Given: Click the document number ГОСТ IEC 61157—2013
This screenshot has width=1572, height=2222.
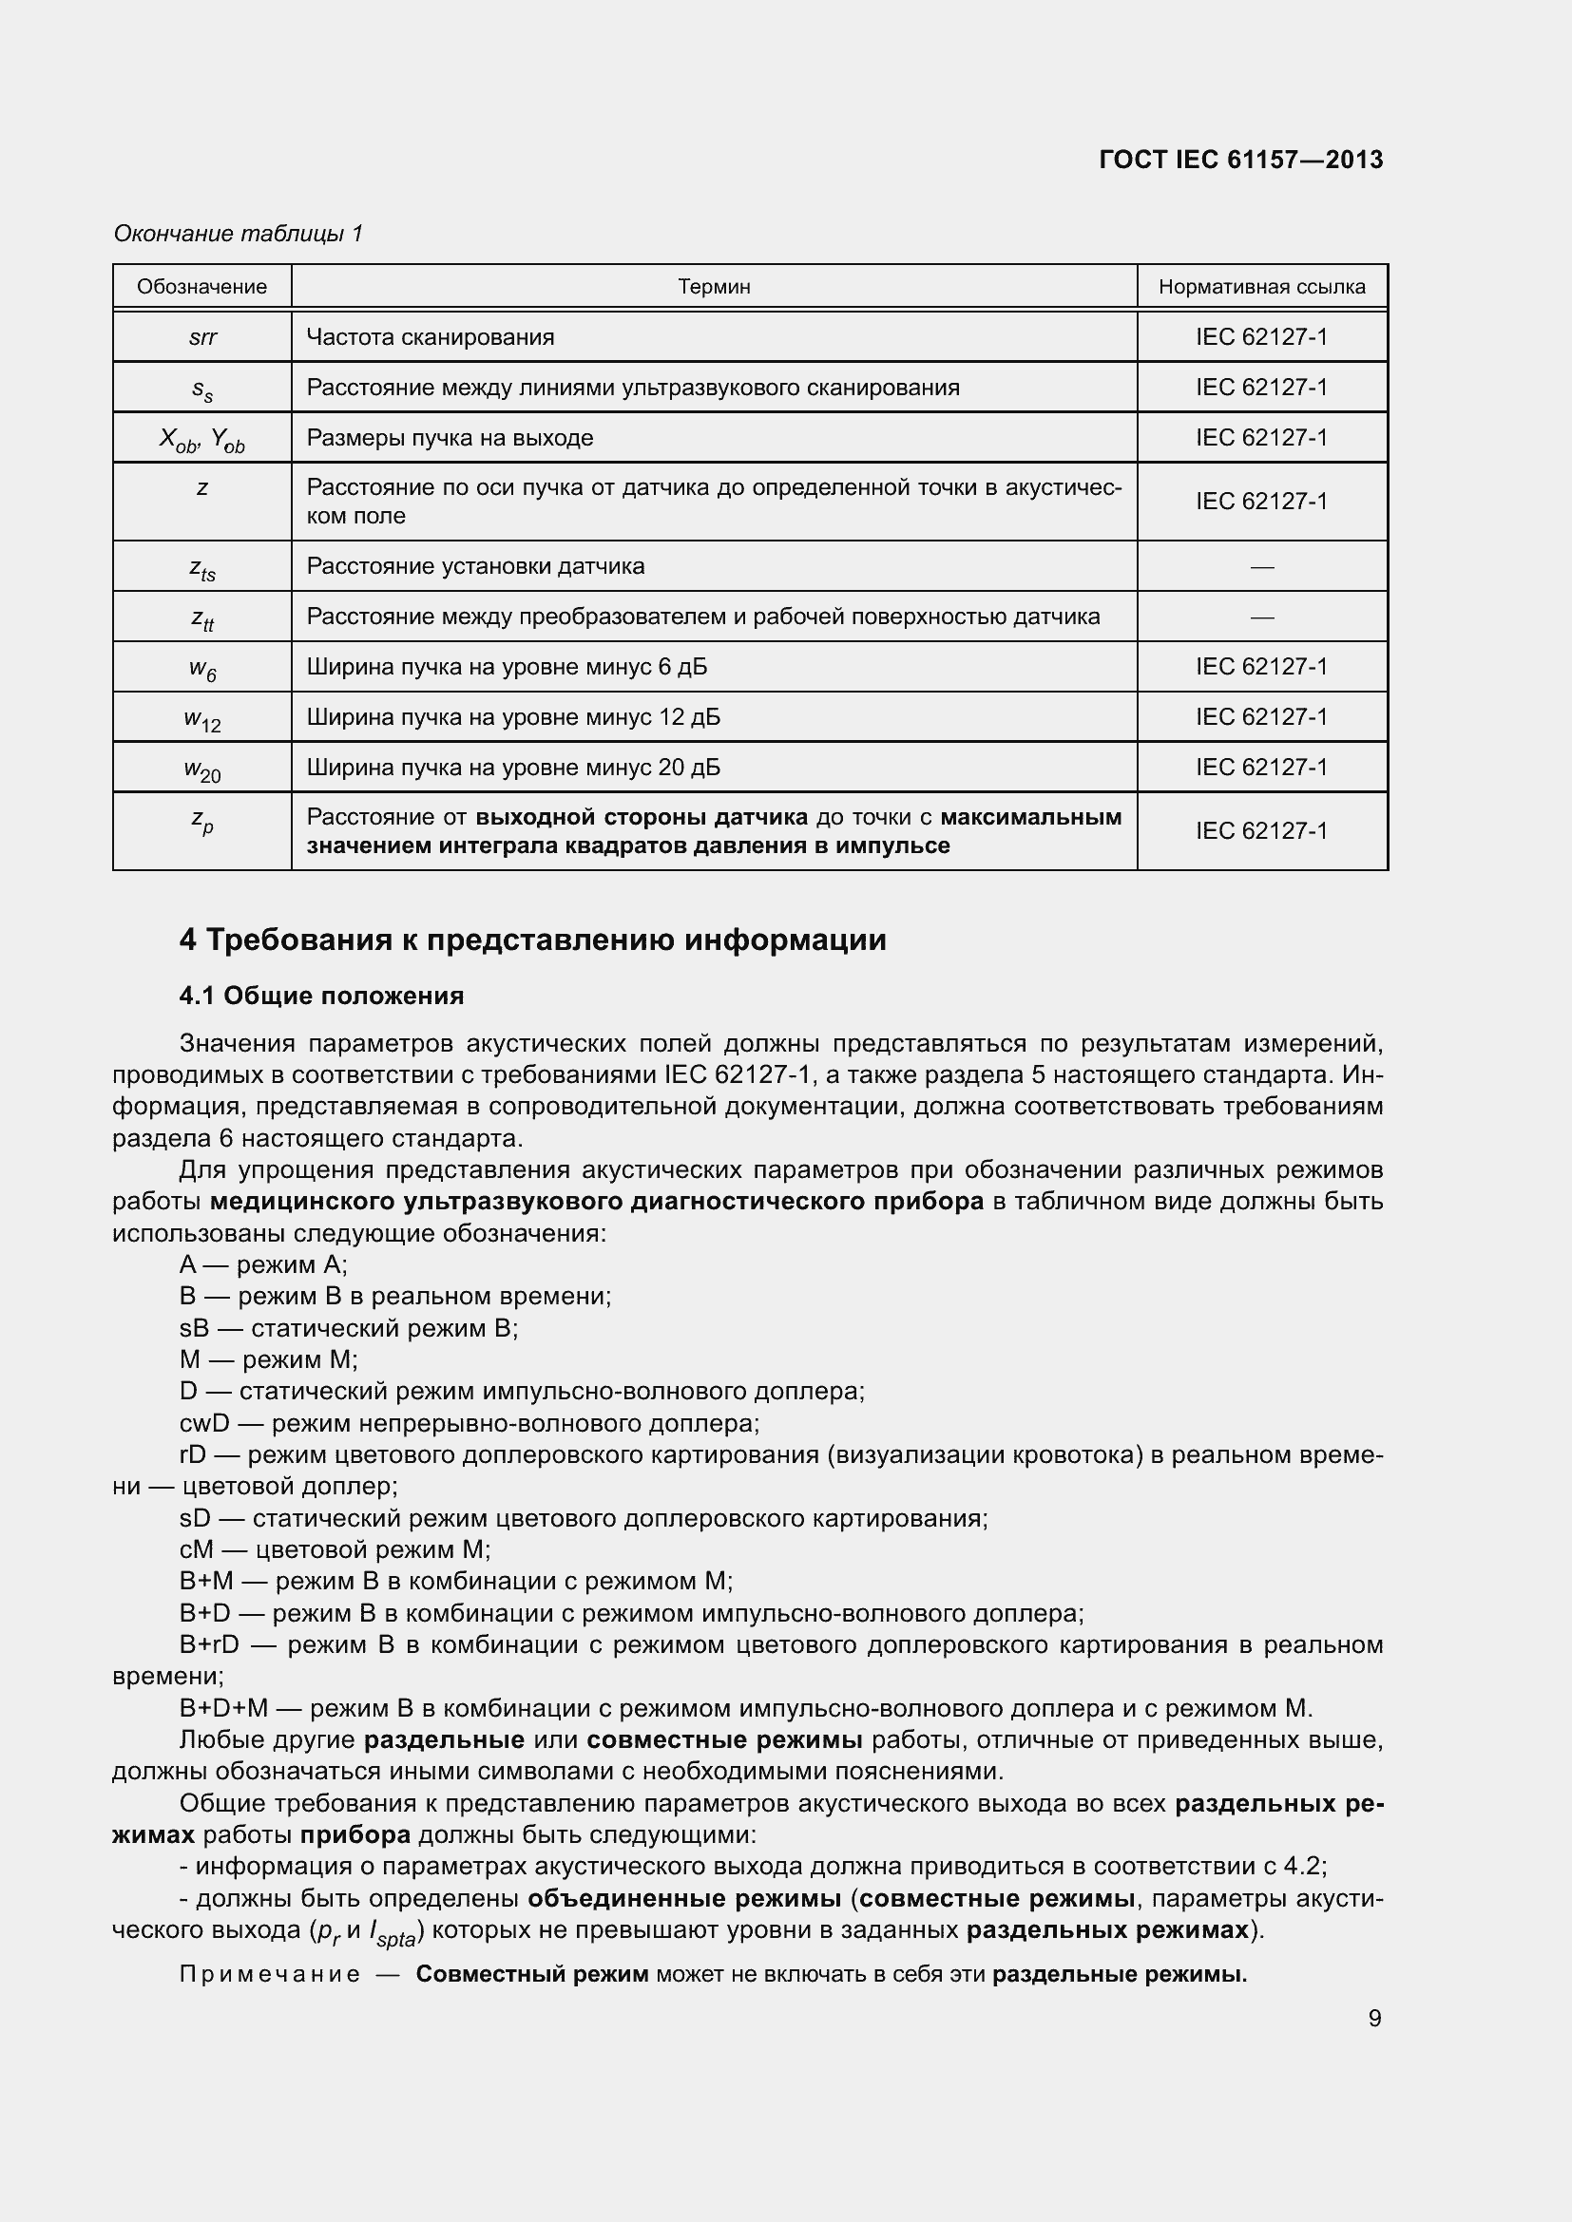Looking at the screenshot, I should [1241, 160].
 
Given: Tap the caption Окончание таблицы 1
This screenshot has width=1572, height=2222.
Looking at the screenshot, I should [239, 234].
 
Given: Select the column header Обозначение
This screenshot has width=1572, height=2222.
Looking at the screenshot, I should [201, 287].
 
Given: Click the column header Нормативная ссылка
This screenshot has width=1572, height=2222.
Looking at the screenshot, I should [1261, 287].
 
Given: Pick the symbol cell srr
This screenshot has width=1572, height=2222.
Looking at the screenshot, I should [202, 338].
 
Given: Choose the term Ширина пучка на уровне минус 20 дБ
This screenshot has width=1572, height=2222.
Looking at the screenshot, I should [513, 768].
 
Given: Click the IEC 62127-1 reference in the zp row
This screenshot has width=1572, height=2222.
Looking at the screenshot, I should [1261, 831].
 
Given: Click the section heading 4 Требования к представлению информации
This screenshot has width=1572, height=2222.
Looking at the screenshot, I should [532, 940].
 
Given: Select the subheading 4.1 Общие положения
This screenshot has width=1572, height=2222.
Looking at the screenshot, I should [321, 996].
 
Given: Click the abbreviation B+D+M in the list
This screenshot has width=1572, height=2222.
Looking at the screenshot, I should [223, 1709].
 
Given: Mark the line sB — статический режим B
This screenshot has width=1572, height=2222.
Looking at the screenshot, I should [349, 1328].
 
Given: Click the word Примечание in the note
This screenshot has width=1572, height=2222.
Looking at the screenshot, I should [270, 1974].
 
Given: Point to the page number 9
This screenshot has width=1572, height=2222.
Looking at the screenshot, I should [1374, 2018].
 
